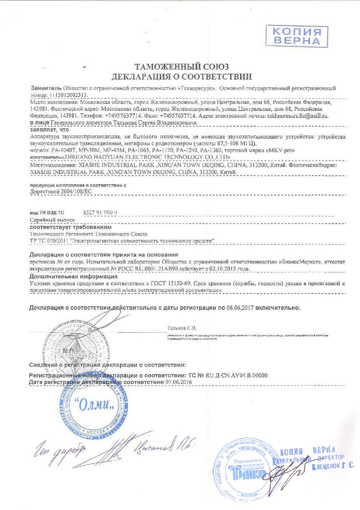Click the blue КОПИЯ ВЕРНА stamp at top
297,35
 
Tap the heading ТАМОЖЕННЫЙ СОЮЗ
182,67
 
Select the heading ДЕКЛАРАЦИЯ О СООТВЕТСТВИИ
182,77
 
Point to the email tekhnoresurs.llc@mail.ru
297,116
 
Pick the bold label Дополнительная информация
73,277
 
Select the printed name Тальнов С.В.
182,327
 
